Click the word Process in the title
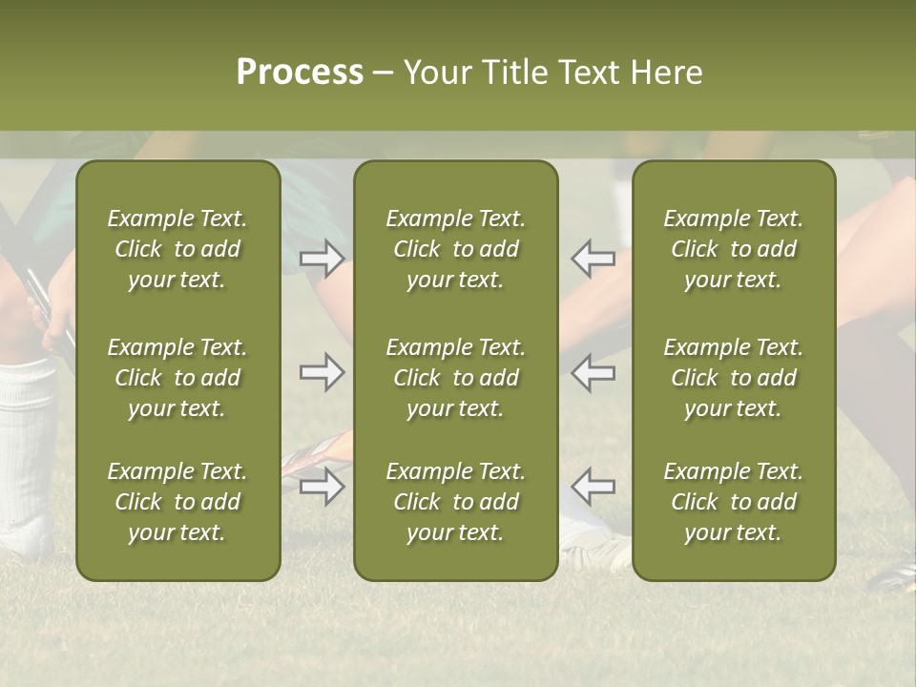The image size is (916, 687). [x=300, y=73]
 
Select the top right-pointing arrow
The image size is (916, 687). [x=322, y=259]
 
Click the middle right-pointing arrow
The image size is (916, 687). [x=322, y=372]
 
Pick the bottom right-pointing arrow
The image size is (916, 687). [x=322, y=487]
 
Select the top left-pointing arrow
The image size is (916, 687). [x=593, y=259]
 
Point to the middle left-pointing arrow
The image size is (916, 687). [x=593, y=372]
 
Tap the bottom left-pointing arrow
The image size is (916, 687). [x=593, y=487]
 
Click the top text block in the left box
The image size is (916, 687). [x=177, y=249]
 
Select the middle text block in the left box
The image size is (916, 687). [x=177, y=378]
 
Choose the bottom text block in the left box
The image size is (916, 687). [x=177, y=502]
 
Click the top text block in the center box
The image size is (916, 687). [x=456, y=249]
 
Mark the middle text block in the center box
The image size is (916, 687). [x=456, y=378]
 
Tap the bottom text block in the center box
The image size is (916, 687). [x=456, y=502]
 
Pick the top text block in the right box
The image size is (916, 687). [x=734, y=249]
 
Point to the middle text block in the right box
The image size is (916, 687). [x=734, y=378]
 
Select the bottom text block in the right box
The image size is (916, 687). [x=734, y=502]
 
